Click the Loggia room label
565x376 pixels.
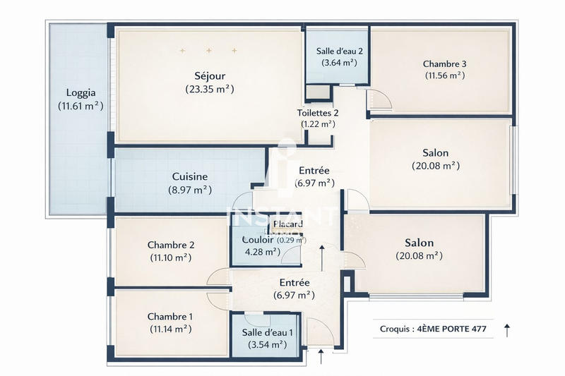[81, 92]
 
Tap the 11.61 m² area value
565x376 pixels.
[81, 106]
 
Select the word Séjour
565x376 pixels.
[209, 75]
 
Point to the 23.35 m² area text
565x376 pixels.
[210, 89]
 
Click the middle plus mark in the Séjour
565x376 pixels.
[209, 51]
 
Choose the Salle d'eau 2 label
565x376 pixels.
[339, 51]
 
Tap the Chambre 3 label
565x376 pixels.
[444, 63]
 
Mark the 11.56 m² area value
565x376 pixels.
[444, 75]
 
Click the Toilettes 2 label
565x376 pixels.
[318, 113]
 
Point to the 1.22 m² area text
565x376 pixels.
[317, 124]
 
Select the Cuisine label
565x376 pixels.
[189, 176]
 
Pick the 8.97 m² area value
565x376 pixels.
[189, 190]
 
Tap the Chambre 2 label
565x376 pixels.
[171, 245]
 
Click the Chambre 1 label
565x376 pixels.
[169, 316]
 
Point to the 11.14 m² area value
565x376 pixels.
[169, 329]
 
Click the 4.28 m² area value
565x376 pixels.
[261, 251]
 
